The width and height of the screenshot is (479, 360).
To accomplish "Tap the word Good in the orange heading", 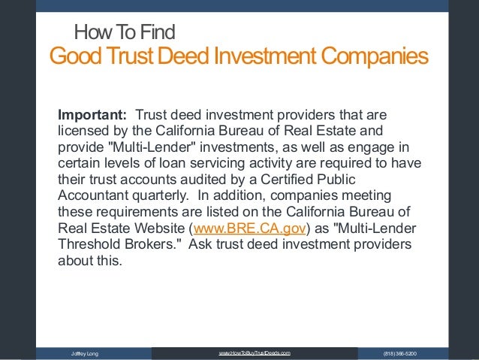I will click(x=72, y=56).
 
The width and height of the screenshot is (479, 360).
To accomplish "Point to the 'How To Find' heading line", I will click(x=124, y=32).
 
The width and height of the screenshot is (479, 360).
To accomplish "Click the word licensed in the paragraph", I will click(x=82, y=132).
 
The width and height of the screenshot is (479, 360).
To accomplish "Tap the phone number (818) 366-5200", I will click(x=400, y=353).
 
